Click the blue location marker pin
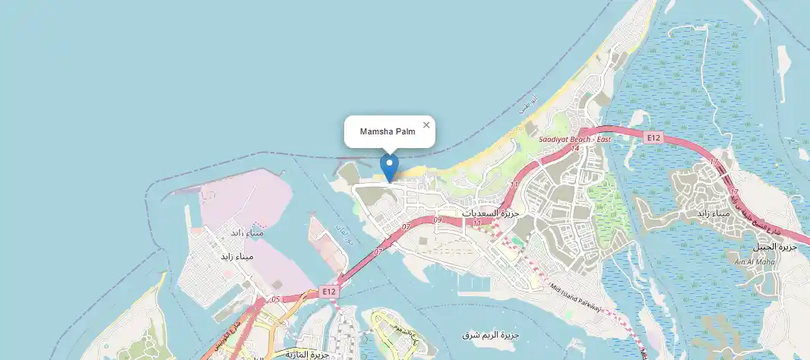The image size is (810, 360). tap(389, 166)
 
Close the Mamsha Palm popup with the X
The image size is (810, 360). tap(426, 125)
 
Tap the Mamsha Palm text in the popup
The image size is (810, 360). tap(388, 132)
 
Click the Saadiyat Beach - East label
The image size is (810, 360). tap(574, 140)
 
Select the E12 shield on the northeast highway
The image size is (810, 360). tap(653, 137)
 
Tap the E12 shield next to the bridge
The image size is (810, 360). tap(328, 291)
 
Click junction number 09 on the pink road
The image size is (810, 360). tap(437, 220)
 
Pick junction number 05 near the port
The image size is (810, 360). tap(275, 299)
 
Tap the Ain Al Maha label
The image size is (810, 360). tap(748, 262)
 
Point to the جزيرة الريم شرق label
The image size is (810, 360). tap(490, 335)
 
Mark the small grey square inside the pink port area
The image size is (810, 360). tap(207, 197)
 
